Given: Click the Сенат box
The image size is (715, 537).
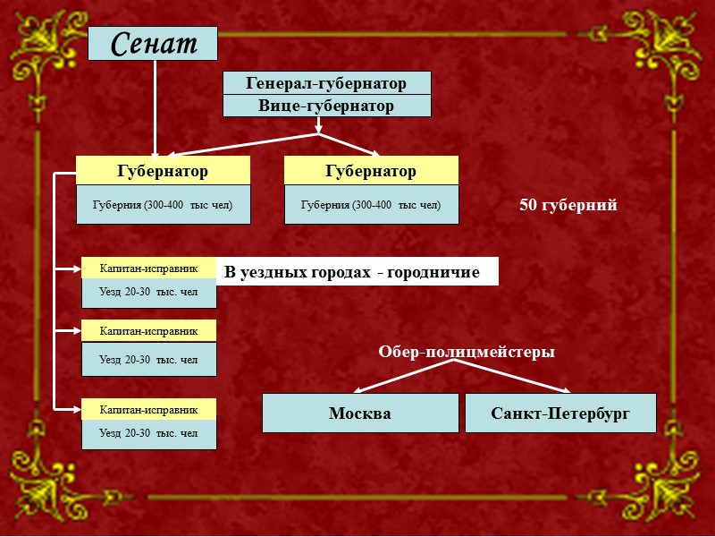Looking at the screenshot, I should (153, 43).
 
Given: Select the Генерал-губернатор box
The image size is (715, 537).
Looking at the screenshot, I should (326, 83).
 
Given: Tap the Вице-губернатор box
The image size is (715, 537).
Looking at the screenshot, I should (326, 106).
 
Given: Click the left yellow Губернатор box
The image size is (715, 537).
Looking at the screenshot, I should (163, 170).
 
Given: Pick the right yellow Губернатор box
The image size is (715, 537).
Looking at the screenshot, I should (371, 170).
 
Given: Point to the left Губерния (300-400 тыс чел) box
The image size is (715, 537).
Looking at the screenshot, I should (163, 205).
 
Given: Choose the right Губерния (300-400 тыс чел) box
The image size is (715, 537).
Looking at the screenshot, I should (371, 205).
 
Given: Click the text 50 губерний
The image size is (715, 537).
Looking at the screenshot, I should (568, 206).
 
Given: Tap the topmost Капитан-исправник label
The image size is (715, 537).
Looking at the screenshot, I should (149, 268).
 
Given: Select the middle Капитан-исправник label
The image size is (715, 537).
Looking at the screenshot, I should (149, 330).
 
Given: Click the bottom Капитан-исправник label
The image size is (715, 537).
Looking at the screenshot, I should (149, 409).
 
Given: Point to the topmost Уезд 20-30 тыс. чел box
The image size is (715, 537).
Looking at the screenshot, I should (149, 293).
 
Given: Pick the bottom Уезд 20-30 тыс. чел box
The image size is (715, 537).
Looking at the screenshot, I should (149, 434).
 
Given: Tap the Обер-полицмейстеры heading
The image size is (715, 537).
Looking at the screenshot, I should (467, 353).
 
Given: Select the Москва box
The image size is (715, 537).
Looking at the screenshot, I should (360, 413).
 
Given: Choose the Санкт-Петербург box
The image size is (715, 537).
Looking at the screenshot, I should (560, 413).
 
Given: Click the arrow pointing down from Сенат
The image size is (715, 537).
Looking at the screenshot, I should (155, 107).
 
